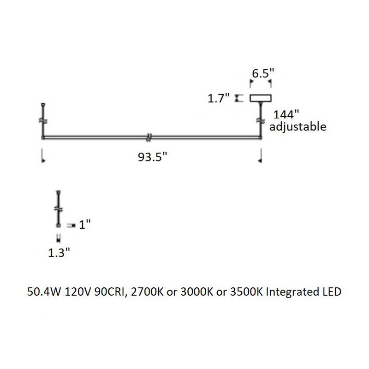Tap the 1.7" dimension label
point(219,98)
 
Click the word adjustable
point(298,126)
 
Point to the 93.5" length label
point(152,157)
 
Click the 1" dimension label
point(85,225)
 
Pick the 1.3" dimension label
point(60,252)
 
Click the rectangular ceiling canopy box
point(261,98)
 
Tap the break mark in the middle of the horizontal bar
point(149,137)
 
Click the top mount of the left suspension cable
point(43,104)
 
